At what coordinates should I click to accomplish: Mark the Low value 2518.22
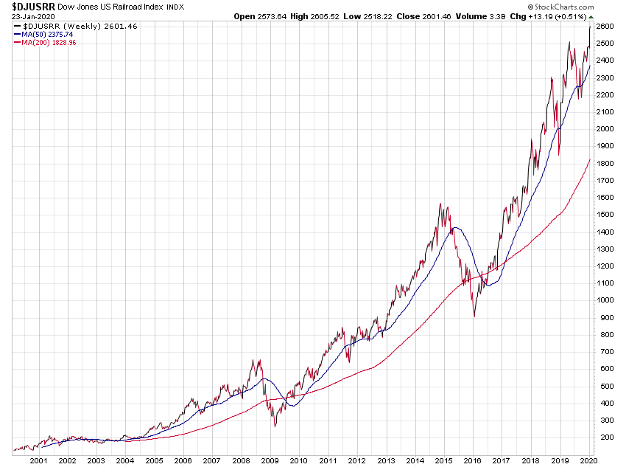[368, 15]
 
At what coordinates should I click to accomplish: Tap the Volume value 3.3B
[481, 15]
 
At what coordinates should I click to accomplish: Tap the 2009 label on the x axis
[270, 460]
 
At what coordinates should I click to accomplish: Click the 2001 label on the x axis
[38, 460]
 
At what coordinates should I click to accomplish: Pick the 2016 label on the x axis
[471, 460]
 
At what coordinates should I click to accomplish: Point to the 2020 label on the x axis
[586, 460]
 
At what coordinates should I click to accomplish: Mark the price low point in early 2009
[275, 426]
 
